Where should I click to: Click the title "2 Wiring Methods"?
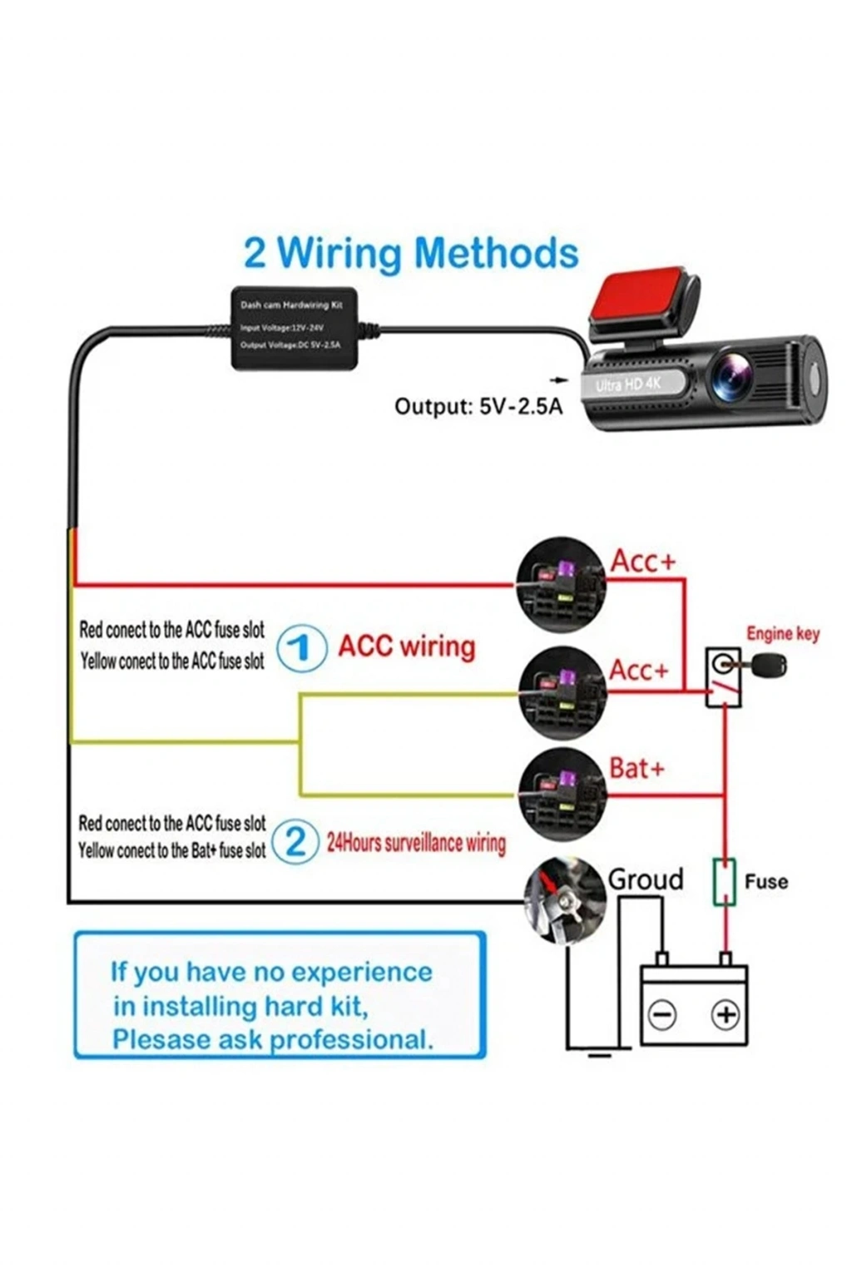411,253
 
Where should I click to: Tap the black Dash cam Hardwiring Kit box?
294,328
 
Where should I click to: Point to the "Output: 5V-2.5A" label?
478,406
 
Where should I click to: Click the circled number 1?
300,648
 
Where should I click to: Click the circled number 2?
295,842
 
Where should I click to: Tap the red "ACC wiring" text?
406,646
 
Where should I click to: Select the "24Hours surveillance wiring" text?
416,843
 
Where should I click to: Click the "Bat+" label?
637,767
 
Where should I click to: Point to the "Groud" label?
646,879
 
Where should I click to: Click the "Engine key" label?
782,634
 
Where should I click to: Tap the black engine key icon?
767,665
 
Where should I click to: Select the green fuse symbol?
725,883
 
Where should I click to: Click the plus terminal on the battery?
726,1014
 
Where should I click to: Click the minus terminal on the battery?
662,1014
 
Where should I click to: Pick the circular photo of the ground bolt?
563,902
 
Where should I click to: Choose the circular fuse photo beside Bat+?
560,791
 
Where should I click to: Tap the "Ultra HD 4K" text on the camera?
628,385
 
